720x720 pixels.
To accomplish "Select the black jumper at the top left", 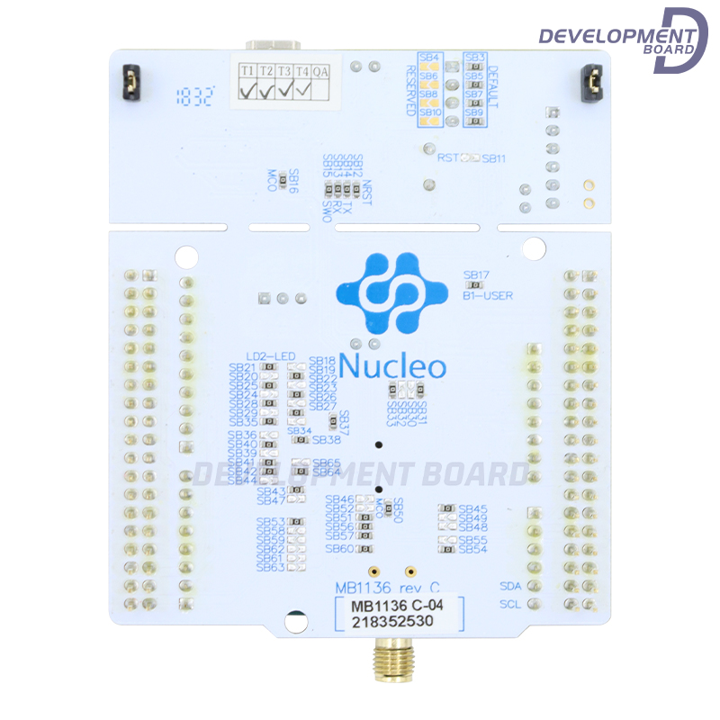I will [128, 83].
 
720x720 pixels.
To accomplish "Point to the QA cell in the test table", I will [320, 70].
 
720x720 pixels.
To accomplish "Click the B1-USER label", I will [487, 293].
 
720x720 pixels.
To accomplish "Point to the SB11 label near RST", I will [494, 158].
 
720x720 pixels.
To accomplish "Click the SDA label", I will [509, 586].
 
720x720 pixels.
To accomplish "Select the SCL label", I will [509, 604].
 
